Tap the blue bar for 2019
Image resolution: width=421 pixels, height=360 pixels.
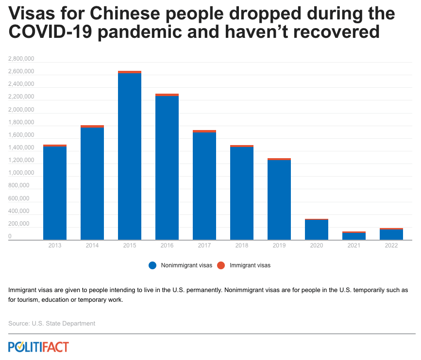[x=279, y=199]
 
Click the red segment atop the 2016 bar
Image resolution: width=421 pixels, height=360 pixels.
[x=167, y=95]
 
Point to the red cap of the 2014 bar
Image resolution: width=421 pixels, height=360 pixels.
[x=92, y=126]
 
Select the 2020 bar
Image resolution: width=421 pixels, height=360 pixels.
[x=317, y=229]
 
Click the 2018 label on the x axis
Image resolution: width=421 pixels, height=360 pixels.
[x=242, y=245]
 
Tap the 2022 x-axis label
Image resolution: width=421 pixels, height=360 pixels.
[x=391, y=245]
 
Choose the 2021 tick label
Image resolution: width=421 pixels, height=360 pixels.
[x=354, y=245]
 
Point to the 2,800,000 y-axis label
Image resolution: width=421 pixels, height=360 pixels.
[x=21, y=59]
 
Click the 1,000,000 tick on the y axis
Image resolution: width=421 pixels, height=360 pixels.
[x=21, y=173]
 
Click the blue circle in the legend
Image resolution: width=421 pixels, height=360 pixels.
[x=152, y=265]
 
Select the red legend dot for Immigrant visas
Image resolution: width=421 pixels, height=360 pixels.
[x=221, y=265]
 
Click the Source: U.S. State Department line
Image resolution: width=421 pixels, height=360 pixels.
[x=52, y=323]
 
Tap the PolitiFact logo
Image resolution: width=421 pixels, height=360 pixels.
[x=38, y=347]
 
